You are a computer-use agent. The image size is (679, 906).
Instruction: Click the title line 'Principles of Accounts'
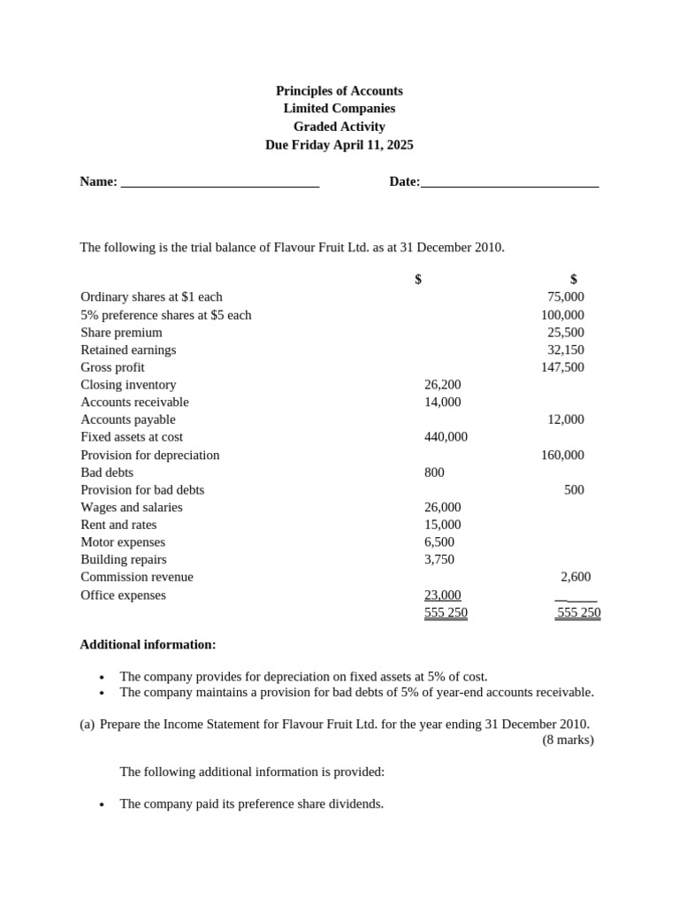339,90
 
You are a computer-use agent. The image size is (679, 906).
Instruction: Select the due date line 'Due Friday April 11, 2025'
339,144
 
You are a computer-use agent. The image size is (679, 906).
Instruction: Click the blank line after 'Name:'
219,183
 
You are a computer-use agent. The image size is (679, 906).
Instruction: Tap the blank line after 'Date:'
510,183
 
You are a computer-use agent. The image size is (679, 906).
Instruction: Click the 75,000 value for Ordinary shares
566,297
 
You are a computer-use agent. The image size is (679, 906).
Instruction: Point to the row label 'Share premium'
121,333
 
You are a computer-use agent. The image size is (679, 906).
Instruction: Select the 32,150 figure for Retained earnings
566,349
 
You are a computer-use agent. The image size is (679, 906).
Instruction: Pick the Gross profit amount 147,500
562,367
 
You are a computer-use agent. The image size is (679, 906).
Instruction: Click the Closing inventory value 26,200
442,385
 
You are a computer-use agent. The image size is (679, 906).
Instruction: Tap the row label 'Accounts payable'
127,419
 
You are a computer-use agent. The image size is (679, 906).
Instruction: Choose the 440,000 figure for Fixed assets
446,437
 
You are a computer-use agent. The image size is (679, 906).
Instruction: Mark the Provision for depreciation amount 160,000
562,455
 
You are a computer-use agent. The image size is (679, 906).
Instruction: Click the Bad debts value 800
434,472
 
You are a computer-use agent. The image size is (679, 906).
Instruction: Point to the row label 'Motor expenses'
123,542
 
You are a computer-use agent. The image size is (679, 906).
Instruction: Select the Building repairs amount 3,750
439,559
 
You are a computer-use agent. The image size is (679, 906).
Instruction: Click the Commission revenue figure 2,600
576,577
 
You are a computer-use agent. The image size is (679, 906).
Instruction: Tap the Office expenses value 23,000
442,595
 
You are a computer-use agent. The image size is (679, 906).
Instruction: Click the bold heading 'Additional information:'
148,644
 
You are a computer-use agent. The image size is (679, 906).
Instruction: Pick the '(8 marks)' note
568,740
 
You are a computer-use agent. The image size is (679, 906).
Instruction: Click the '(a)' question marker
87,724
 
